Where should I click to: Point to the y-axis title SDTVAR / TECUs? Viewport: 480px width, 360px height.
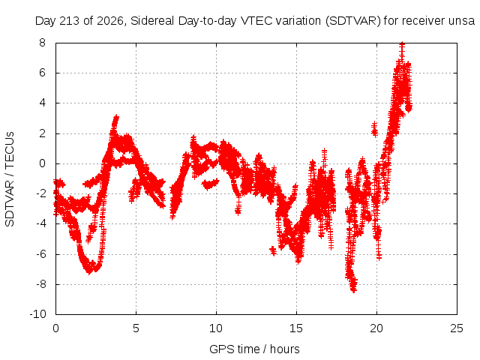coord(10,179)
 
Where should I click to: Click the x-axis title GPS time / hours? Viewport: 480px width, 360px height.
coord(254,349)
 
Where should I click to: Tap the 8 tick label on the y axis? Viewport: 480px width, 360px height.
coord(42,43)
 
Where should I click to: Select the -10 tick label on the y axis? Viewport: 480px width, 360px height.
coord(38,314)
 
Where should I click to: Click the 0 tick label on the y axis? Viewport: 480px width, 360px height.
coord(42,163)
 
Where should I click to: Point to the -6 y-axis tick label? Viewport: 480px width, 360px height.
coord(40,253)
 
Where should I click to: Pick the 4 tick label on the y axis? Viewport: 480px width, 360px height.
coord(42,103)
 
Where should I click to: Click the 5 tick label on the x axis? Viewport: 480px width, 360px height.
coord(136,328)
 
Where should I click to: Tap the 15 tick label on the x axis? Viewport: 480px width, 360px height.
coord(296,328)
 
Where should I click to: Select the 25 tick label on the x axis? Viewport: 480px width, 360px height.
coord(457,328)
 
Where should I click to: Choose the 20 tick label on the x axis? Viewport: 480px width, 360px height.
coord(376,328)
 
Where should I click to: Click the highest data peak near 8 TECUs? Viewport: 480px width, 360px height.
coord(402,44)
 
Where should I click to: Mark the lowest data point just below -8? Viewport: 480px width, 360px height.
coord(353,289)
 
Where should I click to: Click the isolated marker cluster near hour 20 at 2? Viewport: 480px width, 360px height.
coord(374,129)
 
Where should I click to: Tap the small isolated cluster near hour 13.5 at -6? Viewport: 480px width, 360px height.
coord(273,251)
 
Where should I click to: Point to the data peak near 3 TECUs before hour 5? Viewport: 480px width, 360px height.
coord(115,117)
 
